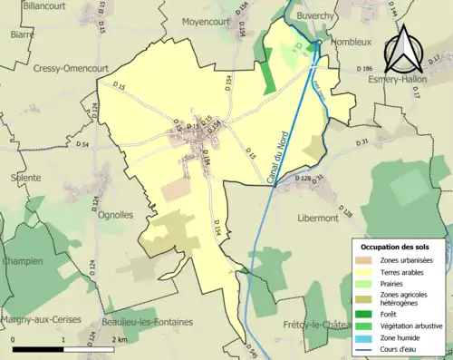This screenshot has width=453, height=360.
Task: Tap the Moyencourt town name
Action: coord(207,20)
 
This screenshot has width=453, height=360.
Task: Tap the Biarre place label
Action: coord(22,34)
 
